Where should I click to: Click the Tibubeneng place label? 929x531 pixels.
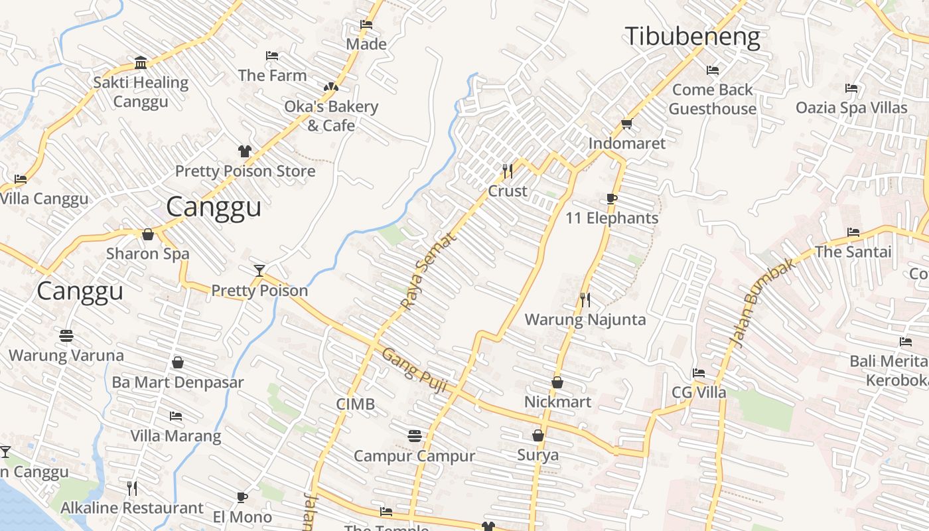tap(693, 37)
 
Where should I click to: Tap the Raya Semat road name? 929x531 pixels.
tap(429, 270)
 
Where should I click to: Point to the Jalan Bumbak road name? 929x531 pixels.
tap(762, 303)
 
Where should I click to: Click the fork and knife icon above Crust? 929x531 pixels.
tap(508, 171)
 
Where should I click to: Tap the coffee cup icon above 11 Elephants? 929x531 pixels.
tap(612, 198)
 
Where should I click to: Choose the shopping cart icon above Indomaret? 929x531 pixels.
tap(626, 123)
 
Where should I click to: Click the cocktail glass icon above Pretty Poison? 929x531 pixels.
tap(259, 270)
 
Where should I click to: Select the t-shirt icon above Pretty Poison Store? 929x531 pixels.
tap(245, 151)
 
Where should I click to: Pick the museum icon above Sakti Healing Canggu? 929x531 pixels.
tap(141, 63)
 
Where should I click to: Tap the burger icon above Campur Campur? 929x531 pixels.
tap(415, 436)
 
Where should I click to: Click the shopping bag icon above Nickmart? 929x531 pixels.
tap(557, 382)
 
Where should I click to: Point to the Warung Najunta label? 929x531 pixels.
tap(585, 319)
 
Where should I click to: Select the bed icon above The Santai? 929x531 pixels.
tap(853, 232)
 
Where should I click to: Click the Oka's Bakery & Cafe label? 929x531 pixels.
tap(331, 115)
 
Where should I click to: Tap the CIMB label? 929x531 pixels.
tap(355, 404)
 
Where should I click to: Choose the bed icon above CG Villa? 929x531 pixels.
tap(699, 373)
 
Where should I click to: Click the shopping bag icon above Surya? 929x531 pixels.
tap(538, 435)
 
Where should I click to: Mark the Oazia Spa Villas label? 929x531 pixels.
tap(851, 108)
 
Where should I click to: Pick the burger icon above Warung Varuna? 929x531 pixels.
tap(66, 336)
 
